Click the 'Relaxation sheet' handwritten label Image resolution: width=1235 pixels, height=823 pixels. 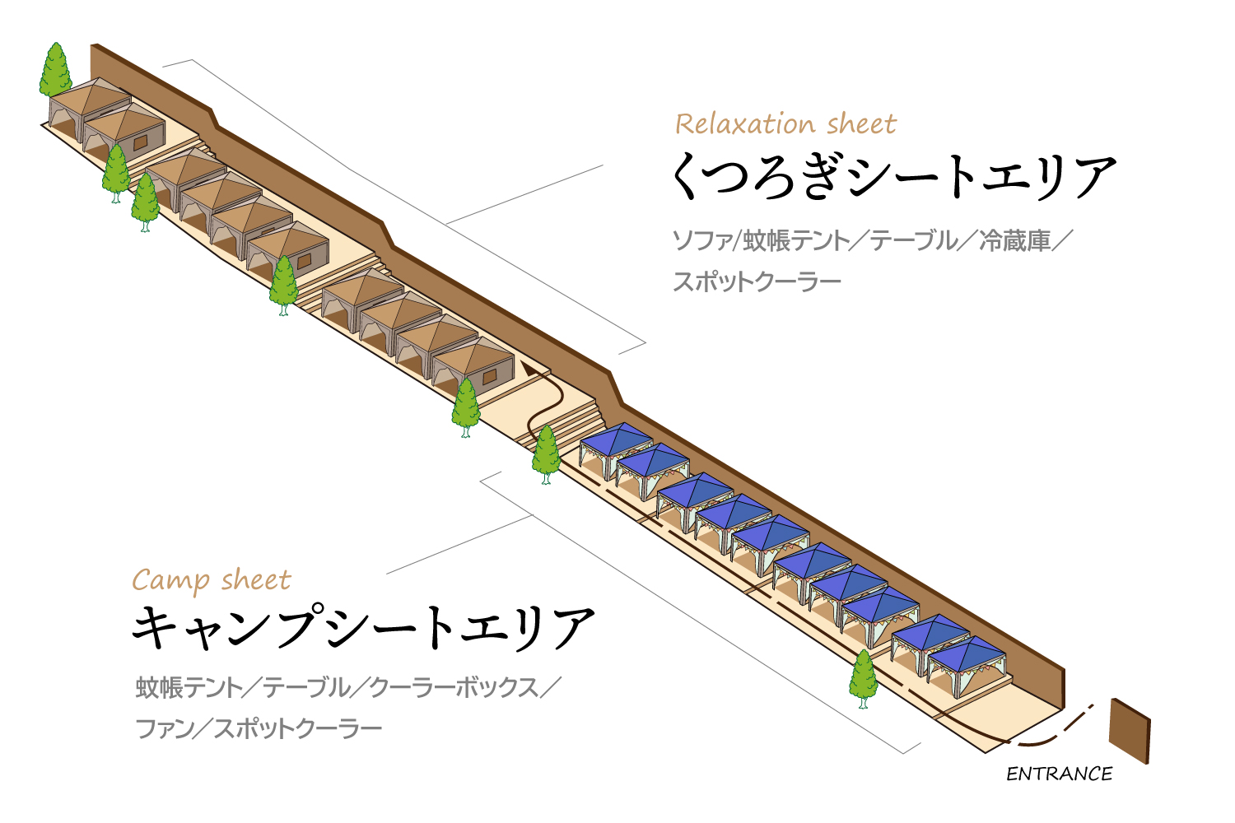[x=785, y=124]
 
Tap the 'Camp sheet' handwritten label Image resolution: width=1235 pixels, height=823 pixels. [x=211, y=580]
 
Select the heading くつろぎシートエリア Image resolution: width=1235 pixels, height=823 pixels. [x=893, y=176]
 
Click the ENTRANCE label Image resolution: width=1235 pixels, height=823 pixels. [x=1059, y=774]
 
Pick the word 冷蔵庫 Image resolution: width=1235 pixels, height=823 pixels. [x=1014, y=241]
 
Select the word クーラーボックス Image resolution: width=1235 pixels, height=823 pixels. [x=453, y=688]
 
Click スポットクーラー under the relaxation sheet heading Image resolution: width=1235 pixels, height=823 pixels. [x=757, y=281]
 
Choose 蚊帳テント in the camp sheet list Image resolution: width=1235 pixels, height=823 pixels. [x=189, y=688]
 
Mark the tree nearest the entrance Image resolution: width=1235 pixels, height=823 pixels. [x=863, y=679]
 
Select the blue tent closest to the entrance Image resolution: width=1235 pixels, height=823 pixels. [x=967, y=666]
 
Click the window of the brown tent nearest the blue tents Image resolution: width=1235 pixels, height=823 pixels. [x=489, y=376]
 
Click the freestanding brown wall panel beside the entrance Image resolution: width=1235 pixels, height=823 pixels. [x=1130, y=730]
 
